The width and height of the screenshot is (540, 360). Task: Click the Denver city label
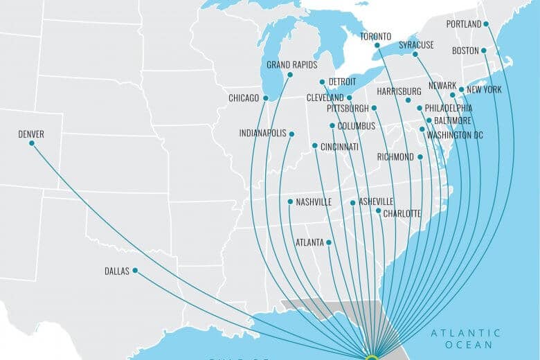[x=31, y=134]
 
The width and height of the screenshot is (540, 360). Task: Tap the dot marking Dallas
[x=135, y=270]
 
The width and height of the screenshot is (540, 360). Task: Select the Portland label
[x=464, y=24]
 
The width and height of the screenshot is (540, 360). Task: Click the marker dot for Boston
[x=484, y=51]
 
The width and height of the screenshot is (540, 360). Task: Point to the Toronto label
[x=376, y=37]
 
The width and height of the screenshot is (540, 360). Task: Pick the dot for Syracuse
[x=415, y=54]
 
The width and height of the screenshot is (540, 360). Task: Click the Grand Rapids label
[x=291, y=65]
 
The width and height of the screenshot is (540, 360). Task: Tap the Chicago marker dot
[x=265, y=98]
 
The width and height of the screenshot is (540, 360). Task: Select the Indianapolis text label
[x=262, y=133]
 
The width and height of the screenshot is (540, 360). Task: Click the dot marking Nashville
[x=290, y=201]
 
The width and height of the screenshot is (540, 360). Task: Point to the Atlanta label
[x=309, y=242]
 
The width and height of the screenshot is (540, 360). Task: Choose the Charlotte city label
[x=402, y=213]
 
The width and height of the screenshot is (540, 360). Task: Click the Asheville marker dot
[x=353, y=202]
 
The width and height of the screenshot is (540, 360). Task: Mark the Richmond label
[x=395, y=157]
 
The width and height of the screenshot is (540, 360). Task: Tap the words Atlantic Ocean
[x=465, y=339]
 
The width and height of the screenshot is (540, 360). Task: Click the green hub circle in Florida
[x=371, y=358]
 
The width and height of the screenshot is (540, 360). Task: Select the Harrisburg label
[x=399, y=91]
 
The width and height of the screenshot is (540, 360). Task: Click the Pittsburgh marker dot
[x=374, y=108]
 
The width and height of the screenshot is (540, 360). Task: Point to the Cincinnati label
[x=339, y=147]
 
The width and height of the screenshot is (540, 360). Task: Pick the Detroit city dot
[x=322, y=82]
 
